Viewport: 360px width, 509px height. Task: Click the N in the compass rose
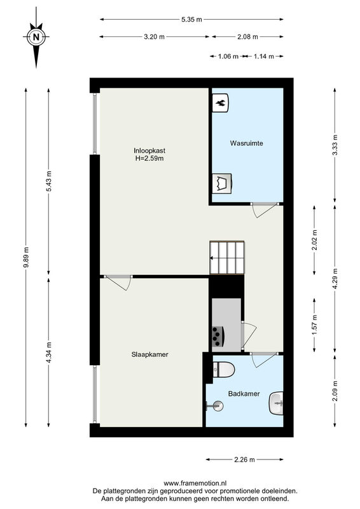[36, 37]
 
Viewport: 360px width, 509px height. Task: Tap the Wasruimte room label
[246, 143]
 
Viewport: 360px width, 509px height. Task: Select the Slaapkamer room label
[149, 354]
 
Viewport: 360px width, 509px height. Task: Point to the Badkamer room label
[244, 394]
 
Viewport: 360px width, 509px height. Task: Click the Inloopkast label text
[149, 151]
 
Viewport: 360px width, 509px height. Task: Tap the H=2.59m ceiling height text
[149, 158]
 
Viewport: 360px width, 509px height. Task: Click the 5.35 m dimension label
[191, 20]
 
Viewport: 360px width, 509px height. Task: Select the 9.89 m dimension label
[26, 257]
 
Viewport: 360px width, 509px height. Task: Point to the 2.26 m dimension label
[244, 459]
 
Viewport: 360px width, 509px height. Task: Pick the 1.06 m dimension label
[228, 57]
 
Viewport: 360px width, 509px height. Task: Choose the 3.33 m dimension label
[335, 145]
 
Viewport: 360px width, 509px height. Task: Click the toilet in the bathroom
[224, 370]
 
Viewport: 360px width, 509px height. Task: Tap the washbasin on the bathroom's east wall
[276, 403]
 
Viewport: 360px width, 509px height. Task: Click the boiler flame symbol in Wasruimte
[221, 103]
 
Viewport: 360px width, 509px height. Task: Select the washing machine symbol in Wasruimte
[222, 184]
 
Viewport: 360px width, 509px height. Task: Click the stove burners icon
[217, 337]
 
